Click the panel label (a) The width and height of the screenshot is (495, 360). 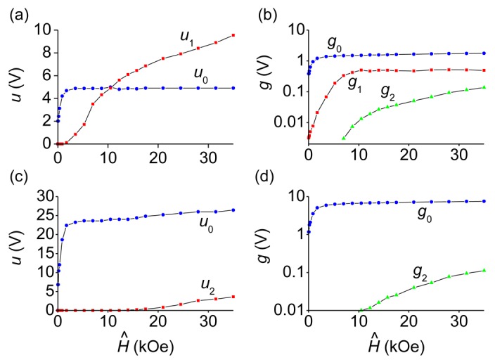(x=15, y=10)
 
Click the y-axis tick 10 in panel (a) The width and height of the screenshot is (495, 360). (x=41, y=30)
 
